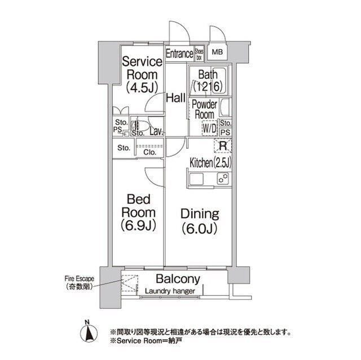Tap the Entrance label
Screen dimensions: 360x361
(179, 54)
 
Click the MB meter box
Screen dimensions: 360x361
(217, 54)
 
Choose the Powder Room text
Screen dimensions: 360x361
(204, 109)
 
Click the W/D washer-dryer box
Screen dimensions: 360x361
(209, 128)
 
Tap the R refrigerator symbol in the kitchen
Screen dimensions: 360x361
(223, 145)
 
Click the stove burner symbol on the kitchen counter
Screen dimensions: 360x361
(223, 180)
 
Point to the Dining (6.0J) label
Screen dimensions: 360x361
(199, 221)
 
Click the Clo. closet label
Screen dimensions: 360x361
(149, 152)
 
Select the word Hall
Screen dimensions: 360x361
(176, 98)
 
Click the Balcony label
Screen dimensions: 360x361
(178, 279)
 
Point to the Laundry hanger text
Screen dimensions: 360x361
(170, 291)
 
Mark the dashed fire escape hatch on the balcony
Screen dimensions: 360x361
(130, 283)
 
